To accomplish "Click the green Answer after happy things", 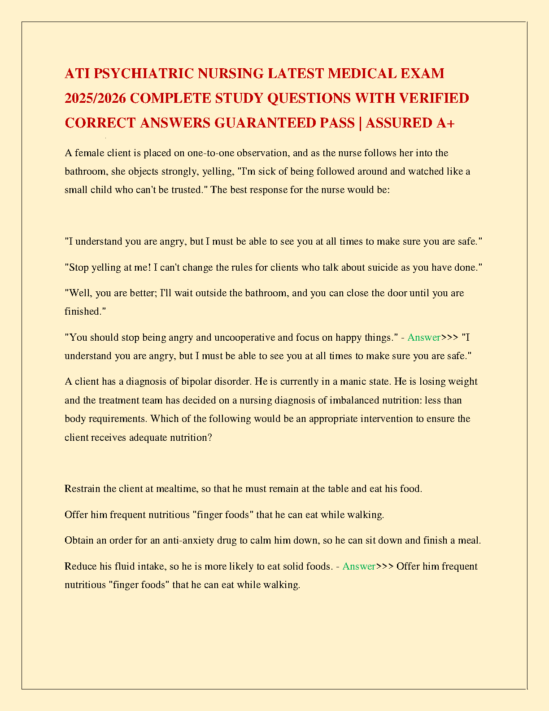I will pos(423,338).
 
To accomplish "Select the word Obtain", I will pos(79,540).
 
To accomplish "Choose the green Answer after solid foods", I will pos(359,566).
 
